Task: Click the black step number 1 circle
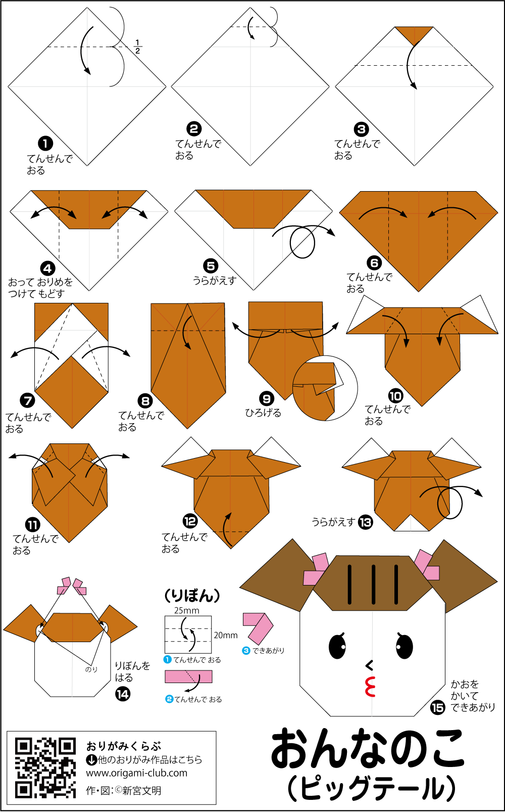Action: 45,144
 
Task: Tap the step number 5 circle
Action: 211,266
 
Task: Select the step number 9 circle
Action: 267,399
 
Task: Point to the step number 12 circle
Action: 190,522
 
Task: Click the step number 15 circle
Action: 437,707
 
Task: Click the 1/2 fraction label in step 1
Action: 137,47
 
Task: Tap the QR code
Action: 45,768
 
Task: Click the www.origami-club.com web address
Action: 136,773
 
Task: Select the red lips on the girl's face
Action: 370,686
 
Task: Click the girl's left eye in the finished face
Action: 337,646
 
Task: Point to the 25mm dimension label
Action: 186,610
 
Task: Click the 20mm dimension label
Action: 226,635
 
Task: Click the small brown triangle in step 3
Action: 414,34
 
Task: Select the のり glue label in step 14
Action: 91,669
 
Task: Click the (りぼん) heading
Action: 192,595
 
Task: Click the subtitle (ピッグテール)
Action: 371,788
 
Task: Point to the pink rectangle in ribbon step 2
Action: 188,676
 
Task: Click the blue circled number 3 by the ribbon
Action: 246,651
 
